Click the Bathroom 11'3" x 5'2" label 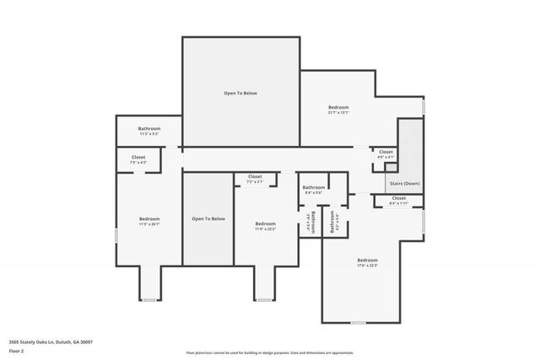[x=148, y=132]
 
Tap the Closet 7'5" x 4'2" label [x=138, y=159]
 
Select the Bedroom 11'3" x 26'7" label [x=148, y=222]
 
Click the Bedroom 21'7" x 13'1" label [x=338, y=110]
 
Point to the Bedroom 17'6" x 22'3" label [x=367, y=262]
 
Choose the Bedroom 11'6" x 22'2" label [x=265, y=226]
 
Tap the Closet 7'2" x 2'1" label [x=255, y=179]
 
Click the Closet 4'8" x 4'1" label [x=386, y=154]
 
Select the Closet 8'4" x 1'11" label [x=399, y=201]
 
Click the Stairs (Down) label [x=403, y=183]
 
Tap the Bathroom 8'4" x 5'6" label [x=314, y=190]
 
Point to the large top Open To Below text [x=240, y=93]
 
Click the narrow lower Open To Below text [x=208, y=219]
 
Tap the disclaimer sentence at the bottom [x=270, y=353]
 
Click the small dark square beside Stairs [x=391, y=168]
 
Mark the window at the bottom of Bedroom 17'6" [x=359, y=323]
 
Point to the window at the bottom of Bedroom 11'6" [x=265, y=300]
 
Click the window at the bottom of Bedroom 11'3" [x=149, y=300]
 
